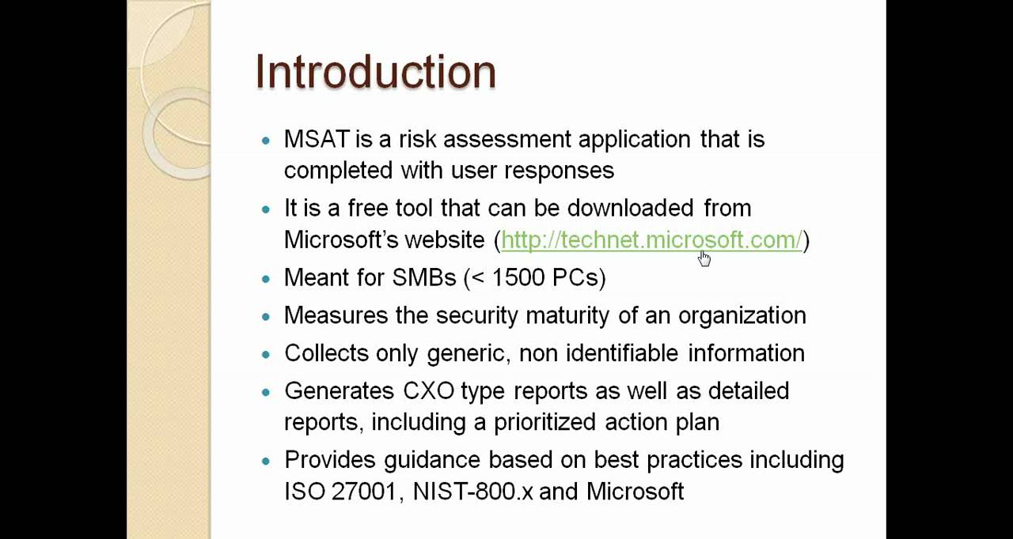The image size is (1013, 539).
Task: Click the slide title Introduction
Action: [375, 72]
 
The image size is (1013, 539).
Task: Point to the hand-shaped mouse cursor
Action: [704, 258]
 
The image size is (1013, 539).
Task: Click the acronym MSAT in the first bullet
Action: [317, 139]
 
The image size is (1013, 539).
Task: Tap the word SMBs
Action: [424, 277]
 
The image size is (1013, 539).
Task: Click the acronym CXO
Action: [428, 391]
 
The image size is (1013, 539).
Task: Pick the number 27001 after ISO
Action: [363, 492]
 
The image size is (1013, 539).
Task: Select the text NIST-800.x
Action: [472, 492]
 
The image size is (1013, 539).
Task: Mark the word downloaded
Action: [630, 208]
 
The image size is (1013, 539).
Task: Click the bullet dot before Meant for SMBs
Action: [266, 278]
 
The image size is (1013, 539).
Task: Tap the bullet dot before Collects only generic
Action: [266, 354]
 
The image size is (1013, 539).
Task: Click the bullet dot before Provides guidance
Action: [266, 461]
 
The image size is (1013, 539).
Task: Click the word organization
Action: [742, 315]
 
